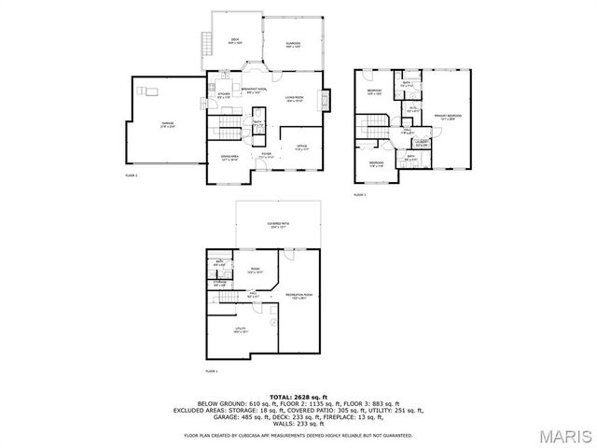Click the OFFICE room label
(x=301, y=147)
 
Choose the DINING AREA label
(x=229, y=158)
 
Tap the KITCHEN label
(x=223, y=94)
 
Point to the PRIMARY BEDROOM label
(x=449, y=117)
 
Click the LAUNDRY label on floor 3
(x=422, y=143)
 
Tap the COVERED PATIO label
(x=278, y=225)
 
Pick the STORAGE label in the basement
(x=220, y=283)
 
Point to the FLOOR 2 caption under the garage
(x=131, y=175)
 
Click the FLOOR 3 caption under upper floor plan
(x=359, y=195)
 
